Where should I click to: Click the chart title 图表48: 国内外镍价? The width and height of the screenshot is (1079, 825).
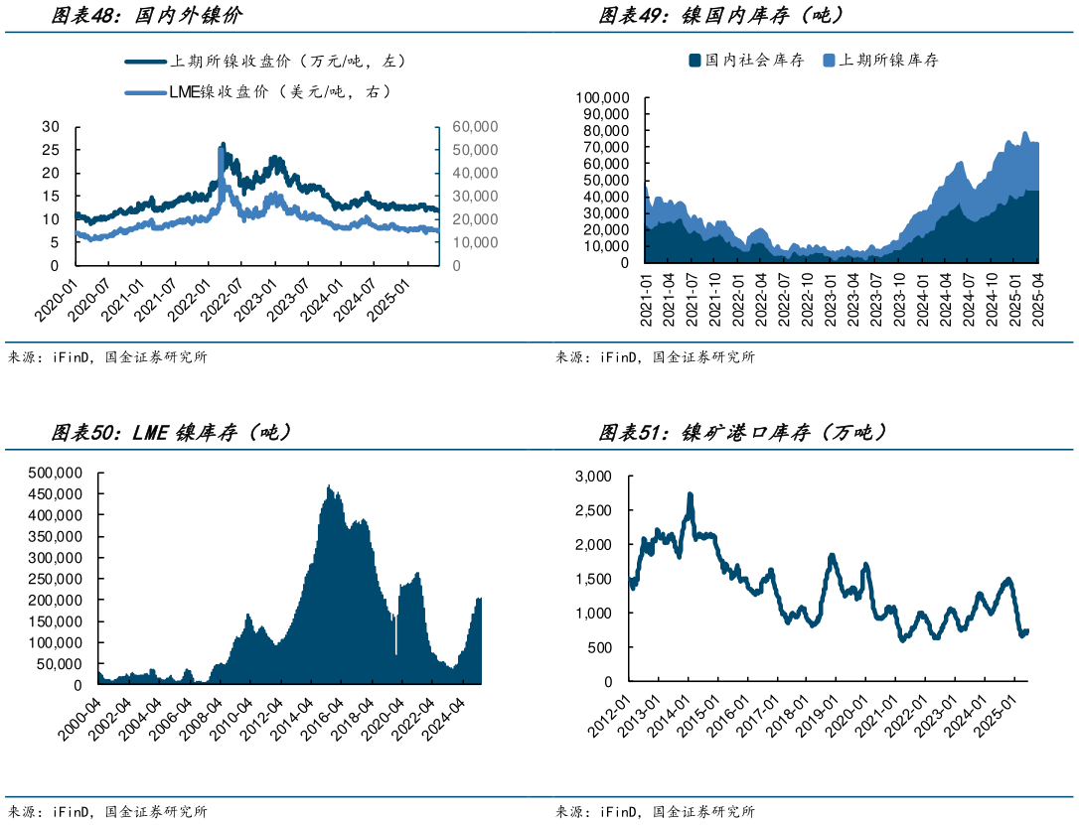(x=145, y=16)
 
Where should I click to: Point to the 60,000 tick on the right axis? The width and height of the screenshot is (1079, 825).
(x=475, y=127)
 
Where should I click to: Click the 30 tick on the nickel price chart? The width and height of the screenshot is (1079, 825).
(x=51, y=127)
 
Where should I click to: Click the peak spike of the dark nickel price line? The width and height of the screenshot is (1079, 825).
(x=222, y=145)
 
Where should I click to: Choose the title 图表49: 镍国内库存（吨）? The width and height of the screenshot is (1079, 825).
(x=720, y=16)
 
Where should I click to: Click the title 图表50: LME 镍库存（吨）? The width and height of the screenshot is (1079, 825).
(x=170, y=433)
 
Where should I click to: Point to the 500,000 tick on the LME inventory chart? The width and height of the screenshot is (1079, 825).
(x=55, y=472)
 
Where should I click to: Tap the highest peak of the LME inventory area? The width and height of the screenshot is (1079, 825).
(x=329, y=486)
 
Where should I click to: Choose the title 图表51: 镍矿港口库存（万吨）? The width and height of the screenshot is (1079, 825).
(x=742, y=433)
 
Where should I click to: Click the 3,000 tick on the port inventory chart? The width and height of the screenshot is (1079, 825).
(x=593, y=477)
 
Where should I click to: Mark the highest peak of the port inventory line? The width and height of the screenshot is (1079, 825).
(x=690, y=494)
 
